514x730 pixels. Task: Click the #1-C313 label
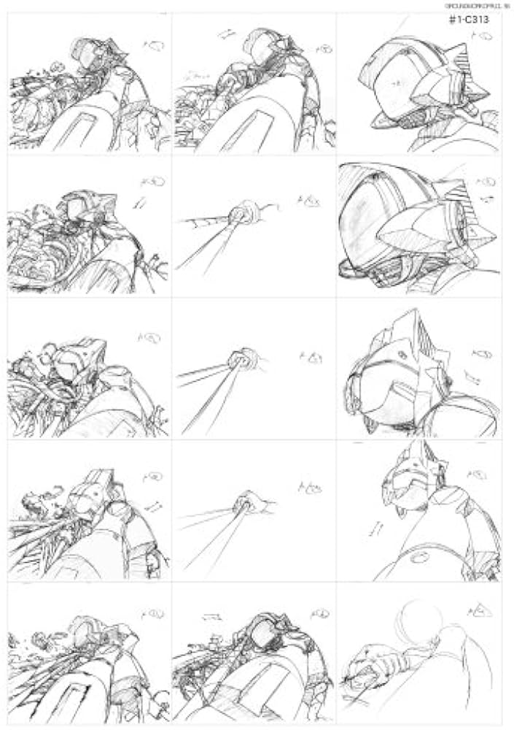click(x=470, y=20)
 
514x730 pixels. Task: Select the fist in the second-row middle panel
click(x=238, y=215)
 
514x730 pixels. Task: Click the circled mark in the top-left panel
click(x=155, y=45)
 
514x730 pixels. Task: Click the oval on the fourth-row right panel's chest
click(x=420, y=556)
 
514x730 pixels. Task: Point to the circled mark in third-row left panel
click(x=151, y=337)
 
